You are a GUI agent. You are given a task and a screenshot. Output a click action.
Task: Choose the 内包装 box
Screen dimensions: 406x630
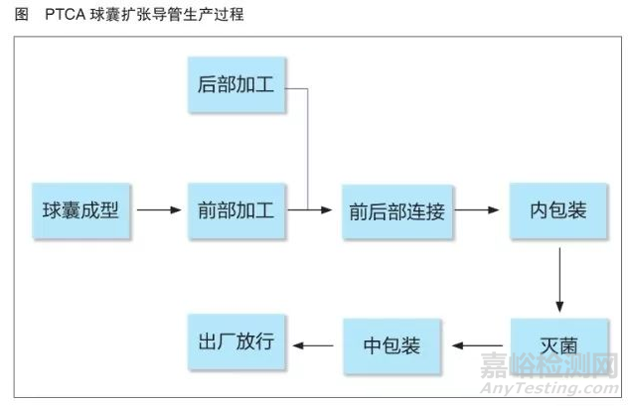[557, 211]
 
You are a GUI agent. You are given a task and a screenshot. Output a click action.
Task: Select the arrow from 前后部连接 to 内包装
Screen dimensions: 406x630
[478, 210]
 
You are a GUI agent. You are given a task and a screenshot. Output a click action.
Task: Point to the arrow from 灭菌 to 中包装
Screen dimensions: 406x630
[480, 346]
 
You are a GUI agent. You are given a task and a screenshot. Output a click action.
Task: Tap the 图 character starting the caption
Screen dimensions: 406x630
[14, 16]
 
